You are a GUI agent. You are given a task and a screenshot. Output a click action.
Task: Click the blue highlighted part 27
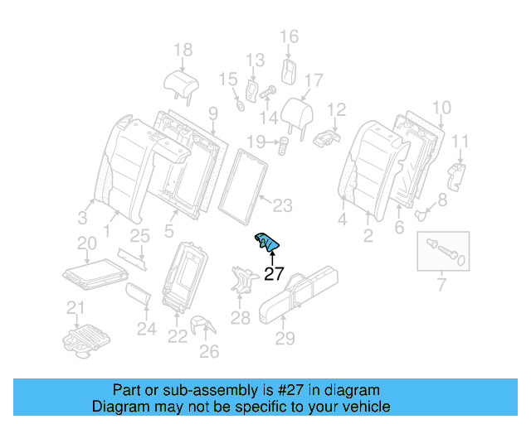[x=266, y=242]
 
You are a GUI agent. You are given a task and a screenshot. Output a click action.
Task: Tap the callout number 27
[x=273, y=274]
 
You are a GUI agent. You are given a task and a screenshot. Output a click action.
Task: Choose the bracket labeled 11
[x=456, y=175]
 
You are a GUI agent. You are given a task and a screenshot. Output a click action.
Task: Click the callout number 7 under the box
[x=441, y=287]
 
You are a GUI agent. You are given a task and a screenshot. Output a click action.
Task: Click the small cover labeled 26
[x=201, y=325]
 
